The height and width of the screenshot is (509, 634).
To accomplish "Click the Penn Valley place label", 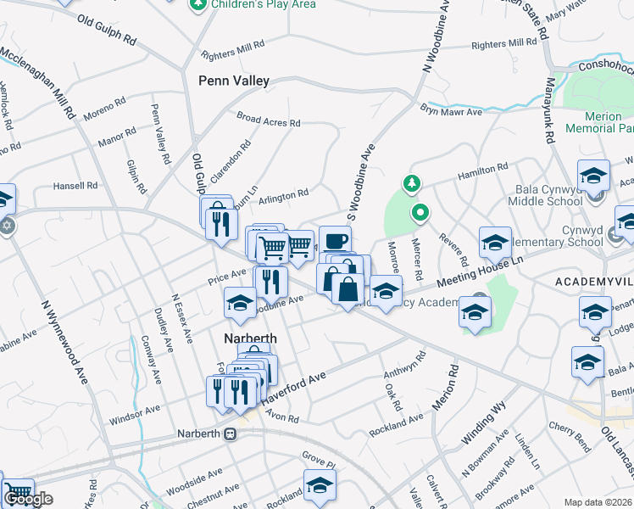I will click(x=233, y=81).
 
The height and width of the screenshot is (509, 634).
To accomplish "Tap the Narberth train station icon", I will click(x=230, y=433).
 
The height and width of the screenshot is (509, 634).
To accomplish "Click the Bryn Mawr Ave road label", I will click(x=451, y=110).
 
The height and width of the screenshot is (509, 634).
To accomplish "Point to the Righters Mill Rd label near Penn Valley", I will click(x=227, y=50).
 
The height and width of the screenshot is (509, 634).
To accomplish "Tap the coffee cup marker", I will click(x=335, y=240).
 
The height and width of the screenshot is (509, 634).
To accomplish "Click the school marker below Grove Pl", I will click(x=320, y=485).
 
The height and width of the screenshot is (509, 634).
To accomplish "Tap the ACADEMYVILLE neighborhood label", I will click(x=593, y=281).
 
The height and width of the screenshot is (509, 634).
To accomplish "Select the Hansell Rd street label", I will click(x=75, y=186).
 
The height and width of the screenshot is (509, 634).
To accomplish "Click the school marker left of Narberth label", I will click(x=240, y=304).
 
